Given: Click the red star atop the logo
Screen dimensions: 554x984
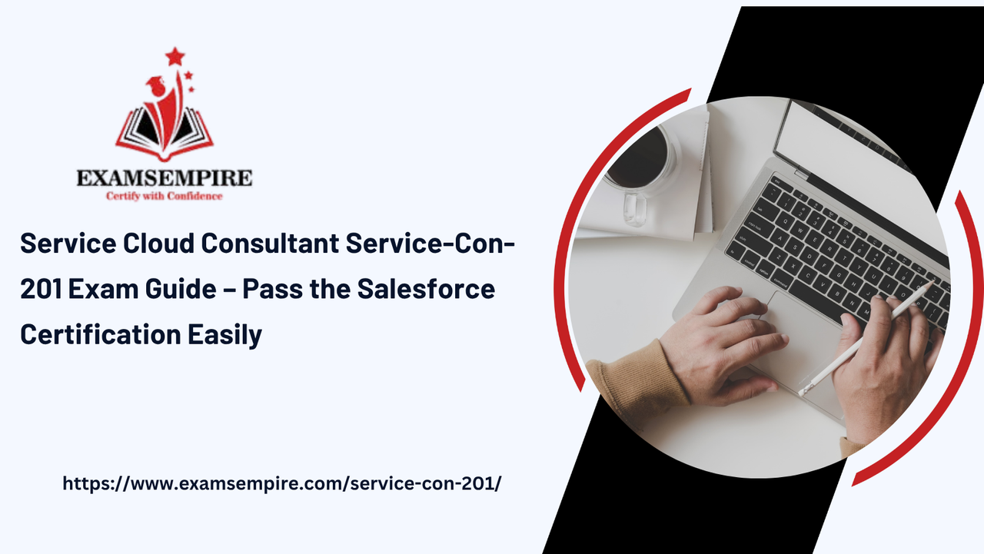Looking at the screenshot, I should click(x=175, y=56).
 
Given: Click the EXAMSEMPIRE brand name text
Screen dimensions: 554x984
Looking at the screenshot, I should click(x=164, y=178).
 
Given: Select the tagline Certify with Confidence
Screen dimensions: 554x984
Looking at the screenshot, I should click(x=164, y=196).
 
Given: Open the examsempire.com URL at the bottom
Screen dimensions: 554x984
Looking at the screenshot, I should click(x=281, y=483).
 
